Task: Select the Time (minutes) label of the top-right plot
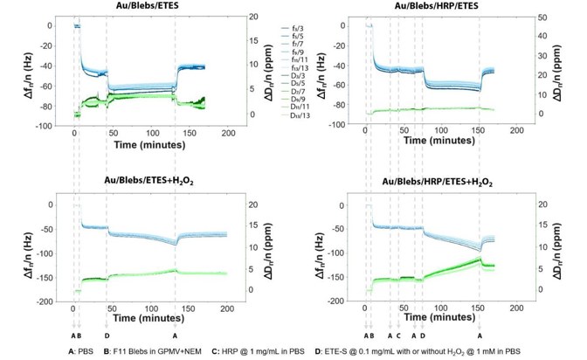pyautogui.click(x=432, y=141)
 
